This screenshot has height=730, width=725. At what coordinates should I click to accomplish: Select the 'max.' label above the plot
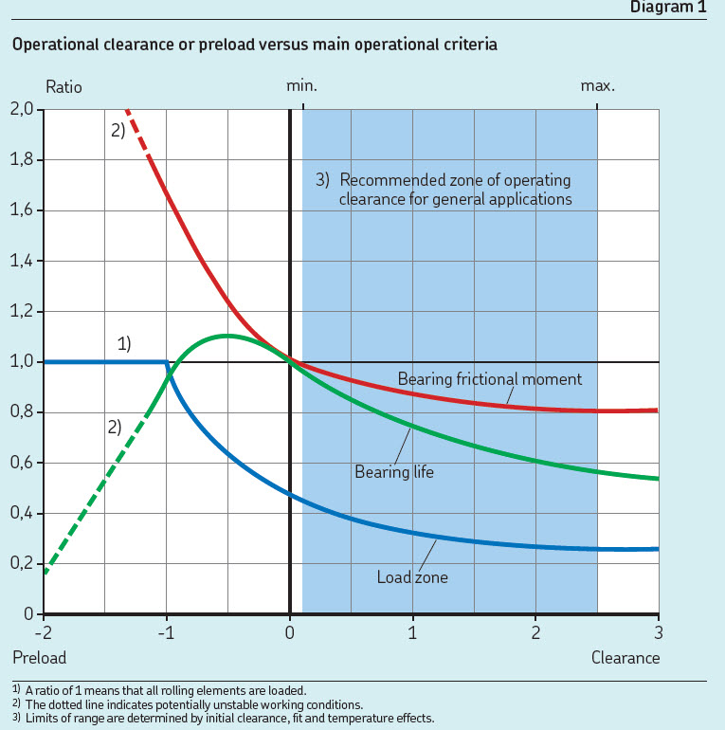598,86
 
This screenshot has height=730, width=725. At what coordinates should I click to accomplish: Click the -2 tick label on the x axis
43,631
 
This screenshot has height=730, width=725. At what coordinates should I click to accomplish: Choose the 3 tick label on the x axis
658,631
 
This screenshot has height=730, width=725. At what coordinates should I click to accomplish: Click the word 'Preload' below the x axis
39,656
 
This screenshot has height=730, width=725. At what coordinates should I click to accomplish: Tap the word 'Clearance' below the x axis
625,656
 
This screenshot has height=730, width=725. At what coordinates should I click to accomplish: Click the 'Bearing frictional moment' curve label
489,379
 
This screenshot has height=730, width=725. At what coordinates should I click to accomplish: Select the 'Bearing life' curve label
393,470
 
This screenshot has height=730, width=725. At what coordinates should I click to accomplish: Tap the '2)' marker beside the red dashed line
117,132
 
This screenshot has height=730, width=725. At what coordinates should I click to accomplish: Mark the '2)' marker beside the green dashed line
114,427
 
